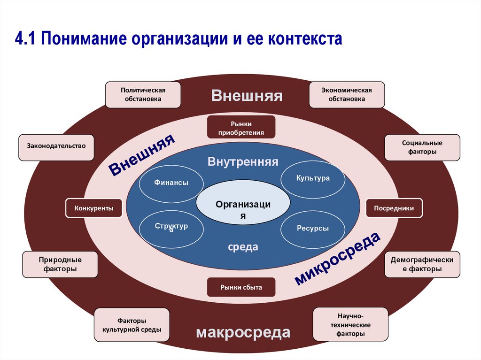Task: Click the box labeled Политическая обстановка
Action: click(x=143, y=94)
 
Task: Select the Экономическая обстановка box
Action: click(x=347, y=94)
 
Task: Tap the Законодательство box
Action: click(x=56, y=146)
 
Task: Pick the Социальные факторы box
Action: click(x=422, y=147)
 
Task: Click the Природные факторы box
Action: click(x=60, y=264)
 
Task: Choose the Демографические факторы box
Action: click(x=422, y=264)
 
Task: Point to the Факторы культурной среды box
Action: click(x=132, y=325)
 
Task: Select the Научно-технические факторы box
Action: click(x=350, y=325)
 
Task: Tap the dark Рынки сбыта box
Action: click(x=241, y=287)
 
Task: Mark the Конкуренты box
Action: click(x=93, y=208)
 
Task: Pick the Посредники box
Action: click(x=394, y=208)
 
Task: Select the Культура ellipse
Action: click(x=313, y=178)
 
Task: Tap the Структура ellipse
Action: click(x=171, y=228)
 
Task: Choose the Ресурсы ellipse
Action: click(x=312, y=229)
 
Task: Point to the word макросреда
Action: click(x=243, y=333)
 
